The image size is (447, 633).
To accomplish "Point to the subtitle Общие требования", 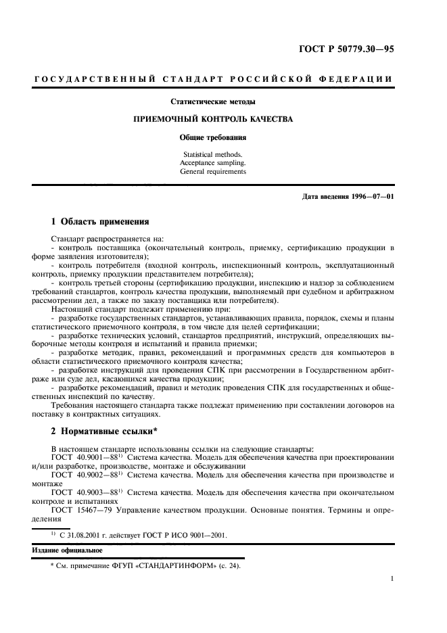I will (213, 137).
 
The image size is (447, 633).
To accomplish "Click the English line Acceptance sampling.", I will (213, 163).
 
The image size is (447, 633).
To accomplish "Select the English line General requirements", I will (213, 172).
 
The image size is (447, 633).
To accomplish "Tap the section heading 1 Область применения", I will (95, 222).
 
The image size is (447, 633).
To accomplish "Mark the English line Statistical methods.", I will (213, 154).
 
